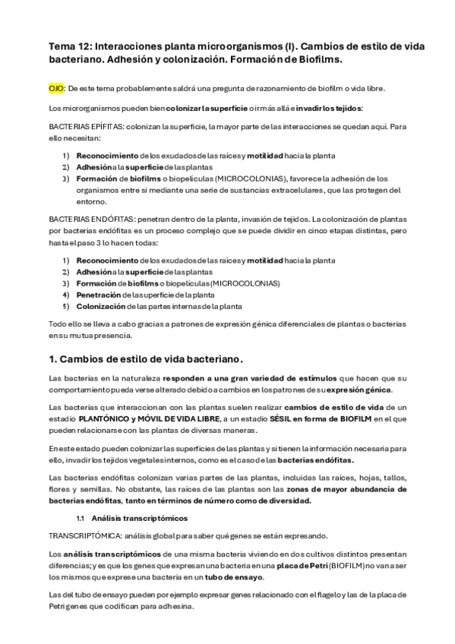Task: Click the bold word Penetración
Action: (96, 295)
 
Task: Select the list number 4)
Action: (66, 295)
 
